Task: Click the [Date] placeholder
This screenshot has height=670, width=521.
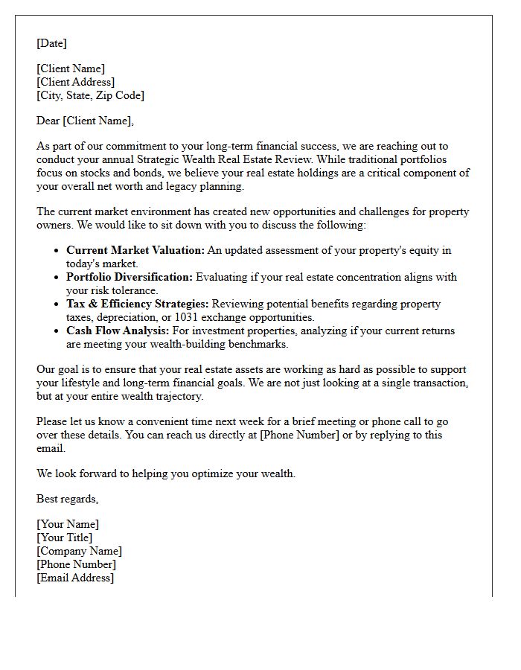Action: (51, 43)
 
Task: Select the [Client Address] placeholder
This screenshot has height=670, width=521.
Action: (75, 82)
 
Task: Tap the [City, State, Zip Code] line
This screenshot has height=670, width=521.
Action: (90, 95)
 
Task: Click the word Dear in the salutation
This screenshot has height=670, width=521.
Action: (48, 121)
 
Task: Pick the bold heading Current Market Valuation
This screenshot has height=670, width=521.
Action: (135, 250)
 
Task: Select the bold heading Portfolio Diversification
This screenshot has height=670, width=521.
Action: (129, 277)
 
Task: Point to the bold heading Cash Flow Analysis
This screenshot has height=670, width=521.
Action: (118, 331)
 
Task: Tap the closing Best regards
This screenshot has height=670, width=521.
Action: (67, 499)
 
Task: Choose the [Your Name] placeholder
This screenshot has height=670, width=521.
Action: (68, 524)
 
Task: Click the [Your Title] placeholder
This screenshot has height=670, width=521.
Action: (65, 537)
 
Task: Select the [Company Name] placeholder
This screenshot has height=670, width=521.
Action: (79, 551)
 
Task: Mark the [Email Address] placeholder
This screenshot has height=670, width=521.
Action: (75, 578)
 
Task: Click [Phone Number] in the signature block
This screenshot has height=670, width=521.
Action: (76, 564)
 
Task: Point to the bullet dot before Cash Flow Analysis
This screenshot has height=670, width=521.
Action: (57, 331)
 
